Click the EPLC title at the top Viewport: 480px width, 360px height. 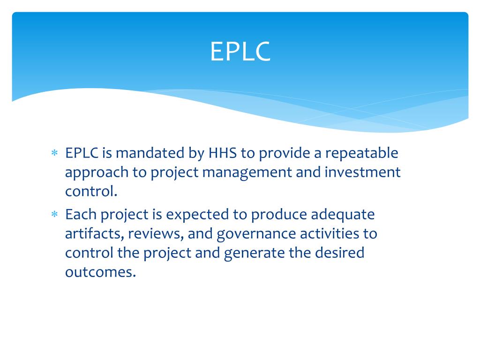pos(240,52)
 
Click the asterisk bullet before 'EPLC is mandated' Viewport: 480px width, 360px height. pos(54,154)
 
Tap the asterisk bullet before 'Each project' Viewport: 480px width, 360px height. pos(54,215)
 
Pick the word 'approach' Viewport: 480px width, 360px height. pos(97,173)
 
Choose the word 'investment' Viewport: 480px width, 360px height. pos(362,172)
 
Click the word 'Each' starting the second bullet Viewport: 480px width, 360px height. pos(81,215)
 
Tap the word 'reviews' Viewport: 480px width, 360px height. pos(155,234)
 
